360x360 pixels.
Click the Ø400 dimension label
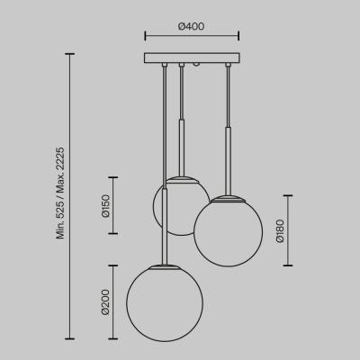coord(192,26)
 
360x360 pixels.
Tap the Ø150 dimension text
coord(105,206)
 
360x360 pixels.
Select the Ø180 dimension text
coord(280,230)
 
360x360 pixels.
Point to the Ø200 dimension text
coord(105,301)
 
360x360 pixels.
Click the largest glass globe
coord(165,304)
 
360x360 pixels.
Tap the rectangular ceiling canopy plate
coord(193,58)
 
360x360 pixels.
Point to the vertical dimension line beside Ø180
coord(288,230)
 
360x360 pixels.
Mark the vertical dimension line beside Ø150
coord(113,205)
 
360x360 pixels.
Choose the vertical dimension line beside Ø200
coord(113,301)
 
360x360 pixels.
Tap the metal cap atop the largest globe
coord(165,266)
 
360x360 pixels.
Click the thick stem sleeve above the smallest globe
coord(183,148)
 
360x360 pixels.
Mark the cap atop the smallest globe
coord(183,178)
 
